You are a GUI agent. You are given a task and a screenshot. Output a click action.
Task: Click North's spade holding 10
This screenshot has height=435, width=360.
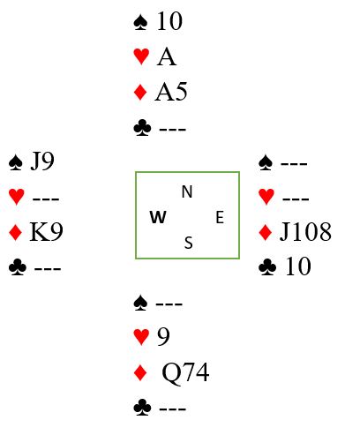[169, 21]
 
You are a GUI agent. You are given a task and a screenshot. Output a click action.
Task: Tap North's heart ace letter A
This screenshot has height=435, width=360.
[167, 57]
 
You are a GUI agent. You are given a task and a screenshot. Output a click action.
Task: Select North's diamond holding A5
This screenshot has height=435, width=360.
[171, 92]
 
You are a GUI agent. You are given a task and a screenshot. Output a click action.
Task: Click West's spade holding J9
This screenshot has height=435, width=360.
[42, 161]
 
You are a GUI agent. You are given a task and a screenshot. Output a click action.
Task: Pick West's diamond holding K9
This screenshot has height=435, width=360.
[46, 232]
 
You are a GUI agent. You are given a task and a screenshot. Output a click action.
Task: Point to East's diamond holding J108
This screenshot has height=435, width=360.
[305, 232]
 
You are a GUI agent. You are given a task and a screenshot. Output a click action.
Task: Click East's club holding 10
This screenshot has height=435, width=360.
[298, 266]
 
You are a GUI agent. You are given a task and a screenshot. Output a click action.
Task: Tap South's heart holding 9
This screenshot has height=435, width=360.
[163, 337]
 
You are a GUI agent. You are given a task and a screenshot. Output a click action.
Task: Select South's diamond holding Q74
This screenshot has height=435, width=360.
[185, 372]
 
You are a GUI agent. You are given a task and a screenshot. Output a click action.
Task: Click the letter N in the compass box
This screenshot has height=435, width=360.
[187, 191]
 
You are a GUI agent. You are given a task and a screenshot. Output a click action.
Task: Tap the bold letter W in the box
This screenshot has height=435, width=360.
[158, 217]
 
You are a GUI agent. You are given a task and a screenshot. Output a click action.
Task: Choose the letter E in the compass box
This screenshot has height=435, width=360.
[220, 217]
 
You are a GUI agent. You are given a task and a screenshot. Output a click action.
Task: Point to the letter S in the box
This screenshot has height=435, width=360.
[189, 243]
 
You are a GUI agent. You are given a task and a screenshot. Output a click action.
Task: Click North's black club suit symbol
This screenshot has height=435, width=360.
[142, 127]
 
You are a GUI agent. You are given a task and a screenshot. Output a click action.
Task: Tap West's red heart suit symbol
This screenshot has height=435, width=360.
[17, 197]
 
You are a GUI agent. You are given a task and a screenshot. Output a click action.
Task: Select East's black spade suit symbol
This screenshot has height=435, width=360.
[266, 162]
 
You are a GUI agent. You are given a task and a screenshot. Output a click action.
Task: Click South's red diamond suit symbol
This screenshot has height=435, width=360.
[140, 372]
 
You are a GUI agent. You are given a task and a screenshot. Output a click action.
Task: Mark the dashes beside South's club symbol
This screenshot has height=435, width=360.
[173, 409]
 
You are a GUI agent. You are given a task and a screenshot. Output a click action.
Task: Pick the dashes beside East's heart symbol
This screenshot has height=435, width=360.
[296, 199]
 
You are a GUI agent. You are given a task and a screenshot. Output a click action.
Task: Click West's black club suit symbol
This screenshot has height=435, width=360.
[18, 267]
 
